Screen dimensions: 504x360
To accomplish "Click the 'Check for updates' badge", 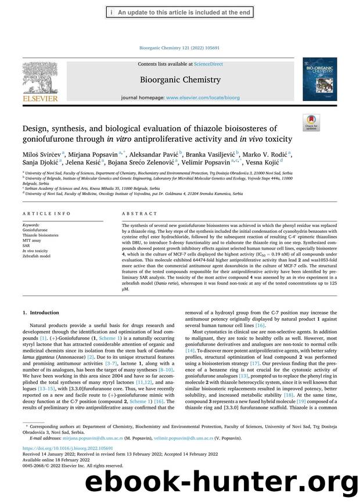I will (311, 123).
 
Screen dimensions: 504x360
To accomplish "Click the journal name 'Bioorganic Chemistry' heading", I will (180, 80).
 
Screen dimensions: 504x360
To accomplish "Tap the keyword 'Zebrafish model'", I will (38, 255).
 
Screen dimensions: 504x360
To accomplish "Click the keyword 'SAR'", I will (27, 245).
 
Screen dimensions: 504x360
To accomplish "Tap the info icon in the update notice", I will (111, 12).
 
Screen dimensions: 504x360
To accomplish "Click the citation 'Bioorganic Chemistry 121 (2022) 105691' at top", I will (180, 48).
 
